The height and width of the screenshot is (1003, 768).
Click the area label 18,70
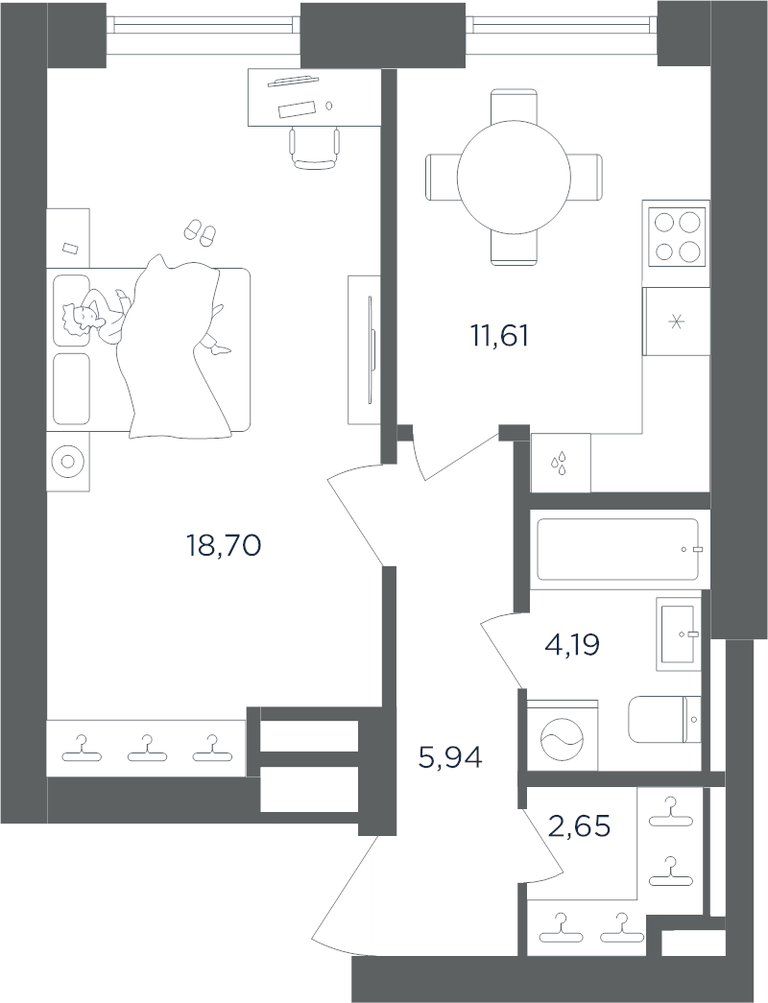click(x=224, y=546)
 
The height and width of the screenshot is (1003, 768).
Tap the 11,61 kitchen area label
click(x=500, y=336)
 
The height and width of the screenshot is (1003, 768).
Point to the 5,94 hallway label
click(x=450, y=758)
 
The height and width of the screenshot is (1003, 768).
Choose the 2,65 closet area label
click(x=580, y=825)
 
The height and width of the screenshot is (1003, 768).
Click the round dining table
click(x=514, y=178)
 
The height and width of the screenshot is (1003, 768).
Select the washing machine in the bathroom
click(x=562, y=735)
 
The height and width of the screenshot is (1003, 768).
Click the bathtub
click(x=619, y=549)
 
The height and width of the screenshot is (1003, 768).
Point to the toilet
click(x=665, y=719)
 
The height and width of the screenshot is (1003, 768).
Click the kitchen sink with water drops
click(x=561, y=463)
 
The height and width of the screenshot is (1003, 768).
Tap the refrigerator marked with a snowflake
click(x=676, y=322)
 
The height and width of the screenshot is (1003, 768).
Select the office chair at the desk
click(x=314, y=148)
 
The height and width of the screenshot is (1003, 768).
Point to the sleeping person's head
click(x=78, y=318)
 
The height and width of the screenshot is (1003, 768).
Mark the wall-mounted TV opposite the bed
click(x=371, y=349)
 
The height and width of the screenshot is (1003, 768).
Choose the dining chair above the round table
click(x=514, y=106)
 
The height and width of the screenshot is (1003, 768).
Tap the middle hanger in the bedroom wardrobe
click(x=148, y=748)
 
